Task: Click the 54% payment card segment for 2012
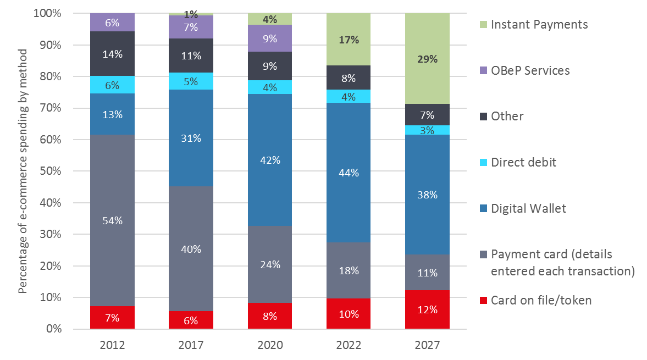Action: click(113, 220)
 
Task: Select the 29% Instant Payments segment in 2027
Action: click(427, 59)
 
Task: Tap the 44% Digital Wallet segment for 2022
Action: click(349, 173)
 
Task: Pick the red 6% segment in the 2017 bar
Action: click(191, 320)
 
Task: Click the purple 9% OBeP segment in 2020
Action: click(270, 38)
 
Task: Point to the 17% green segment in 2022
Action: click(349, 40)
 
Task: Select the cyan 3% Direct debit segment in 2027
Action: click(427, 130)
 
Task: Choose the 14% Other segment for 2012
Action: click(113, 54)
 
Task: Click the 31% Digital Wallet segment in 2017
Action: click(191, 139)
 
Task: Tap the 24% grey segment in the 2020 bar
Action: click(270, 264)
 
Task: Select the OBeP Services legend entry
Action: click(530, 70)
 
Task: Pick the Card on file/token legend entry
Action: click(541, 300)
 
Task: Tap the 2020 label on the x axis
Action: click(270, 345)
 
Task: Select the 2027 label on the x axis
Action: click(427, 345)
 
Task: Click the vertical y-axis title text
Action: click(23, 170)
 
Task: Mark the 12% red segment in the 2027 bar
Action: click(427, 309)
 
